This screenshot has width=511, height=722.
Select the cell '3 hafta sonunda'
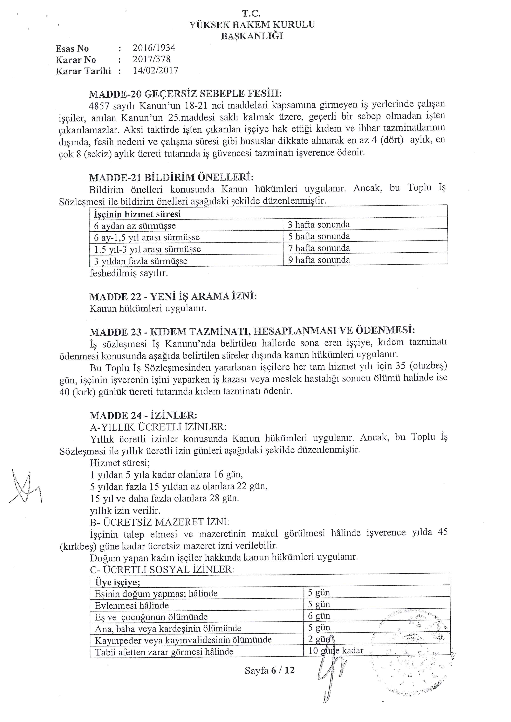coord(319,225)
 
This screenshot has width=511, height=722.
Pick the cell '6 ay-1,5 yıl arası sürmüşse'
coord(147,237)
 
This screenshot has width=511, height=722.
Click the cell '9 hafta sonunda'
coord(319,260)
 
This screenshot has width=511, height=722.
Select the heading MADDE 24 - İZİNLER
coord(143,415)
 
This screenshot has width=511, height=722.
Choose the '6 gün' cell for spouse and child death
coord(319,616)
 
